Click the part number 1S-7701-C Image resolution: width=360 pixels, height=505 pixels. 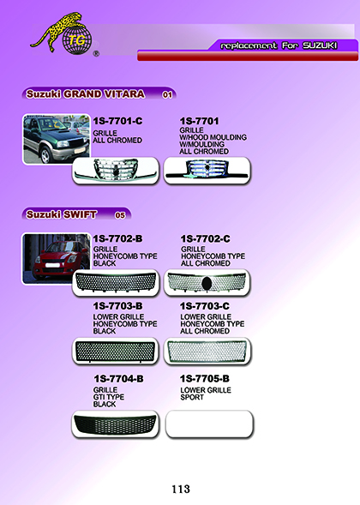[117, 121]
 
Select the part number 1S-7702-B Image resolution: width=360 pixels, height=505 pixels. [117, 238]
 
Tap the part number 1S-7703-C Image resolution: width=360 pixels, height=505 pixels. [205, 306]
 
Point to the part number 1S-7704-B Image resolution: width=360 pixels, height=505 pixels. [118, 379]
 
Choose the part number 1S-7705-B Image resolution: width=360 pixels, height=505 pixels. [205, 379]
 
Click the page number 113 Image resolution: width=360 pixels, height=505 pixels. [181, 489]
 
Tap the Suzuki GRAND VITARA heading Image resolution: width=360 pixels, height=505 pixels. [86, 94]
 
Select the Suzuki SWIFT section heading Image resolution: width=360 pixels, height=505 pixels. [61, 214]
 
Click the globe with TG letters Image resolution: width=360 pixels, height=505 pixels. [77, 40]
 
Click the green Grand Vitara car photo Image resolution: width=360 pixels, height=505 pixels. [57, 139]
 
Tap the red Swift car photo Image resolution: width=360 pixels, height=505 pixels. [57, 259]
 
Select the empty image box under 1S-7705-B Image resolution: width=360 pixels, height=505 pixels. [209, 424]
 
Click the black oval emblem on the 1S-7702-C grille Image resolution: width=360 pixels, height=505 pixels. [206, 283]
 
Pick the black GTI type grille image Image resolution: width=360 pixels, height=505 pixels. [115, 424]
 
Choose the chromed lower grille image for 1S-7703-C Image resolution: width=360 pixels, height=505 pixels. [207, 351]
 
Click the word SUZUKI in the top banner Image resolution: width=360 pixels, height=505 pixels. [320, 45]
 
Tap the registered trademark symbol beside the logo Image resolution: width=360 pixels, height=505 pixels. [96, 54]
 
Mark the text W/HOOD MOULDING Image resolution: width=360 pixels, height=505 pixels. [213, 137]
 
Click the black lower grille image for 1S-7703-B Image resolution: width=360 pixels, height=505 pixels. [115, 352]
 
